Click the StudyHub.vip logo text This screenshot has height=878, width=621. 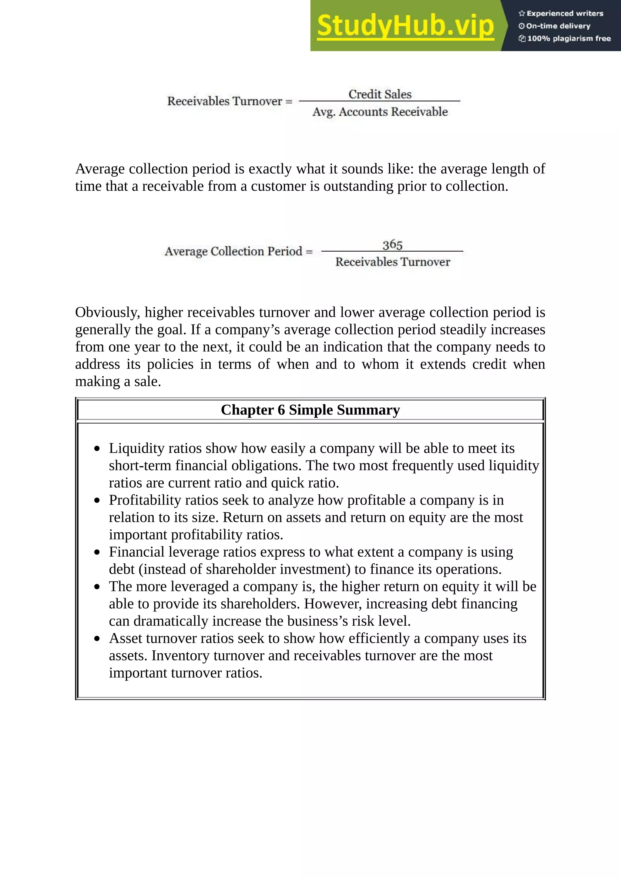coord(405,26)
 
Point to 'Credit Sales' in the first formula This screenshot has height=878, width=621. coord(380,94)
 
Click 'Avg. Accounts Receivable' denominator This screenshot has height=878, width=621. coord(380,112)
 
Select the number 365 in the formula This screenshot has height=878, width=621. coord(392,245)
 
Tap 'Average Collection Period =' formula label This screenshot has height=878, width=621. coord(239,251)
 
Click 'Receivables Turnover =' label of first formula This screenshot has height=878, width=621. coord(230,101)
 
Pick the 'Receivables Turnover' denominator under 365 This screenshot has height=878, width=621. coord(392,262)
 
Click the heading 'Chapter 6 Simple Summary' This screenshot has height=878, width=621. coord(310,410)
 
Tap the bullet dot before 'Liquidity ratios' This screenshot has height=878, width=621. coord(97,449)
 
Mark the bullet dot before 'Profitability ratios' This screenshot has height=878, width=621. coord(97,501)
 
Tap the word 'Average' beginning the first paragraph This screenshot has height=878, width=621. coord(100,169)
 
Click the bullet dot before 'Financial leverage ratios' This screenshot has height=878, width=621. coord(97,553)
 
